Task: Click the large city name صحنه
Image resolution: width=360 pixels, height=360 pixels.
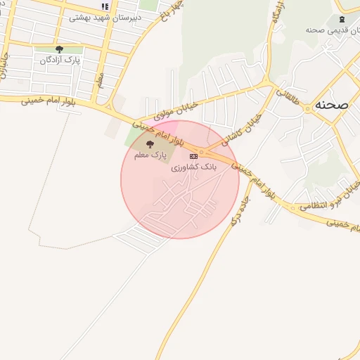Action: click(333, 105)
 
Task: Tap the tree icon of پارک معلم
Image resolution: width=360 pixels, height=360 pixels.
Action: click(148, 143)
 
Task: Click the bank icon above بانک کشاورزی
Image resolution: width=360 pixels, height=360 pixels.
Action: click(193, 156)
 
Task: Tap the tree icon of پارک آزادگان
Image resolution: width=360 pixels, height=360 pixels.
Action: click(58, 49)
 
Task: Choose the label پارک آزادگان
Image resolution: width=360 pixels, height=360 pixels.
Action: click(58, 60)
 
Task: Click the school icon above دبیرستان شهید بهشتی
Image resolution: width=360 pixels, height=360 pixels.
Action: click(105, 6)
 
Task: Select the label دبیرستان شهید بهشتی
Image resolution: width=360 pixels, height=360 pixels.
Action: click(105, 17)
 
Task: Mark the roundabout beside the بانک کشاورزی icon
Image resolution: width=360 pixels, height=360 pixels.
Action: click(203, 152)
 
